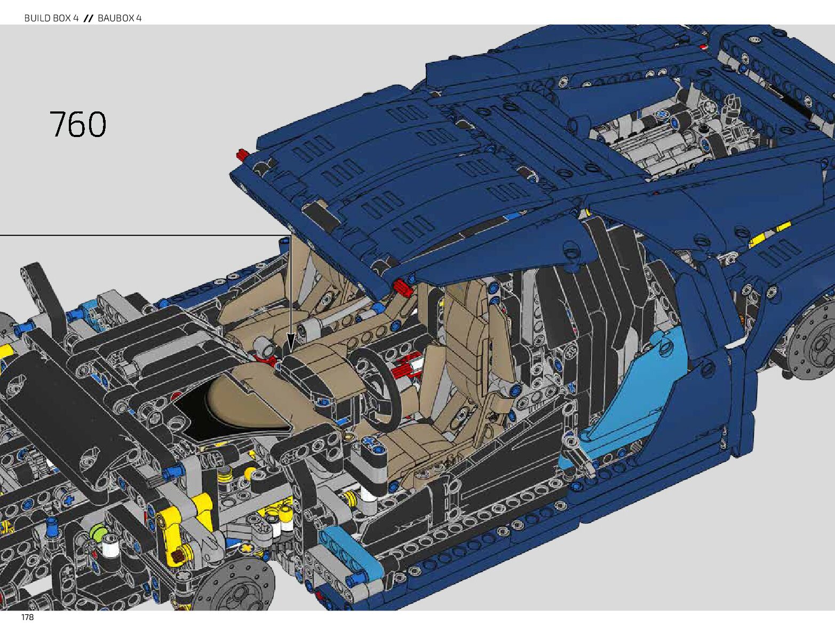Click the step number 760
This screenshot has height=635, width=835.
click(x=78, y=125)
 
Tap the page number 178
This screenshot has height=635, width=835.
click(x=27, y=617)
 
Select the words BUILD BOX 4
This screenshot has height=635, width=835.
click(x=51, y=18)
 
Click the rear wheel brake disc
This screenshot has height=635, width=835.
click(x=816, y=341)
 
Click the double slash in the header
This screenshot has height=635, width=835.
click(x=89, y=18)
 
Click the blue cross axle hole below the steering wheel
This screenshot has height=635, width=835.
click(x=370, y=441)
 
